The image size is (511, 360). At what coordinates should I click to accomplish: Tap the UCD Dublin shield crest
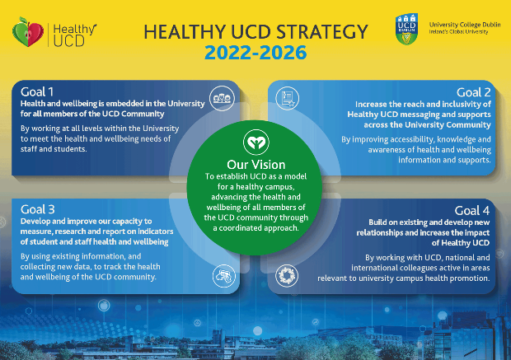point(406,29)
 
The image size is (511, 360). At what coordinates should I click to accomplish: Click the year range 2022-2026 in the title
point(255,53)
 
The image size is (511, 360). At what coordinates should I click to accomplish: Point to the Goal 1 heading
point(37,92)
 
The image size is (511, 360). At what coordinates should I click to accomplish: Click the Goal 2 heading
point(473,92)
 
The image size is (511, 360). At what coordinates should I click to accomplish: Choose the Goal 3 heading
point(37,209)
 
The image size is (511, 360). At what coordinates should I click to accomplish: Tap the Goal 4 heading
point(472,210)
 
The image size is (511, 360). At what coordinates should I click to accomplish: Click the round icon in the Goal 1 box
point(222,98)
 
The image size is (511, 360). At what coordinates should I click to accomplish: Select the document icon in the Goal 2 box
point(287,98)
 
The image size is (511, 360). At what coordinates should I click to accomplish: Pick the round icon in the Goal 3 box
point(224,276)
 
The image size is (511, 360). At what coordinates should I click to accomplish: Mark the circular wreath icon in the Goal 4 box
point(287,276)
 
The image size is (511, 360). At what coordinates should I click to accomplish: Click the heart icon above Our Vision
point(256,143)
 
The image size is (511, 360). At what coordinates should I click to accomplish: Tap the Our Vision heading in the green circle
point(256,165)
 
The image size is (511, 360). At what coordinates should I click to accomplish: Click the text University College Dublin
point(465,25)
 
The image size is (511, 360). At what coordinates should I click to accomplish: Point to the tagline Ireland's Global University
point(458,32)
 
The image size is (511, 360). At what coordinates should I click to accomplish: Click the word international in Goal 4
point(371,268)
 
